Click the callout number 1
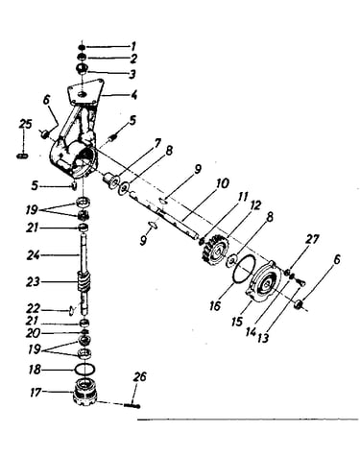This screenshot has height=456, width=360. pyautogui.click(x=133, y=47)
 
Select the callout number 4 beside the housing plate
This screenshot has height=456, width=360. pyautogui.click(x=134, y=94)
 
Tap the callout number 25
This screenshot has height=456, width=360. pyautogui.click(x=25, y=124)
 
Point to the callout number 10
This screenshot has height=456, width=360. pyautogui.click(x=223, y=183)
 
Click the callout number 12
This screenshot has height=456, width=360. pyautogui.click(x=255, y=205)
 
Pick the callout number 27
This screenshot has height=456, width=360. pyautogui.click(x=312, y=239)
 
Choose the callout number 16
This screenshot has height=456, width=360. pyautogui.click(x=215, y=306)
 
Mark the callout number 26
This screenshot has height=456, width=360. pyautogui.click(x=140, y=376)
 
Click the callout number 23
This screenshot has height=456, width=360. pyautogui.click(x=33, y=282)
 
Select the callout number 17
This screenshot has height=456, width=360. pyautogui.click(x=36, y=392)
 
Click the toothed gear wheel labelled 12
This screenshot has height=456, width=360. pyautogui.click(x=215, y=251)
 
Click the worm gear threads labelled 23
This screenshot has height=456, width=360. pyautogui.click(x=84, y=281)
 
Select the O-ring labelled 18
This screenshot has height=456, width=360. pyautogui.click(x=84, y=369)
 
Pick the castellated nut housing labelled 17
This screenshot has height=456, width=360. pyautogui.click(x=84, y=391)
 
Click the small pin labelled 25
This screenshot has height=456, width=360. pyautogui.click(x=22, y=156)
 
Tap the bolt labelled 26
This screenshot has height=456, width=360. pyautogui.click(x=132, y=405)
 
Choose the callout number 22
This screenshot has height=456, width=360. pyautogui.click(x=33, y=309)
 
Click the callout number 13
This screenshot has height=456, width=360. pyautogui.click(x=263, y=338)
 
